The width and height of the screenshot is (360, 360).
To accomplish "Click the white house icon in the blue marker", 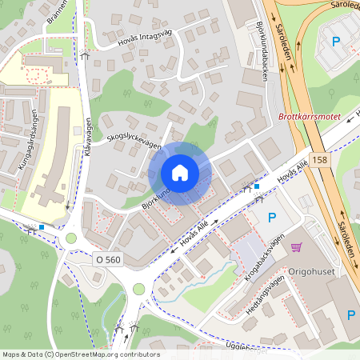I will click(x=180, y=173).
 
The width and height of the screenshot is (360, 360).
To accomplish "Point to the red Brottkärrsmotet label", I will click(x=309, y=117).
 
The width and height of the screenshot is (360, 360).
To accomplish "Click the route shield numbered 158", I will click(x=320, y=159).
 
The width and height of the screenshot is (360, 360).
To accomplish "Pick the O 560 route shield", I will click(x=109, y=259).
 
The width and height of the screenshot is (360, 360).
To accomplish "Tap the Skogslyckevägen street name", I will click(x=134, y=142).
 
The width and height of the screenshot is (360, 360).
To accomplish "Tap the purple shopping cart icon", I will click(x=297, y=247).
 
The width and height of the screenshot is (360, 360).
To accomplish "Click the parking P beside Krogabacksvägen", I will click(x=270, y=217).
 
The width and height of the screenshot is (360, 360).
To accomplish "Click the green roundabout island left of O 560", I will click(x=70, y=238).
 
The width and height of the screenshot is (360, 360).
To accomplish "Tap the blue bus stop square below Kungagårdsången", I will click(x=42, y=227).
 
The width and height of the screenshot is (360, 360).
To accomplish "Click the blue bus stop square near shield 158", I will click(x=257, y=187).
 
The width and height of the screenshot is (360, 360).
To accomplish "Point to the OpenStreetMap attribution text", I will click(x=80, y=354).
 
